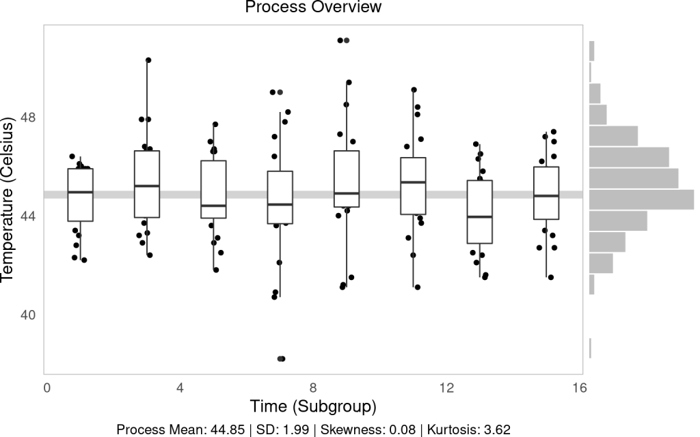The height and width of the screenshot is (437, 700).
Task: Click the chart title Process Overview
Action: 313,8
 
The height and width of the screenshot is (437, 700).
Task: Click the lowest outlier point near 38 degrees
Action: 280,358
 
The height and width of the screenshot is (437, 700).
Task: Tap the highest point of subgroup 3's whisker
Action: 148,61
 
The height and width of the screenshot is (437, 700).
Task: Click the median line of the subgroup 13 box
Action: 480,216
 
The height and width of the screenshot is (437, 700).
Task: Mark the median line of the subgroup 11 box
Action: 414,182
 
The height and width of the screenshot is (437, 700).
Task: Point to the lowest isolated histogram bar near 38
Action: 590,348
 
